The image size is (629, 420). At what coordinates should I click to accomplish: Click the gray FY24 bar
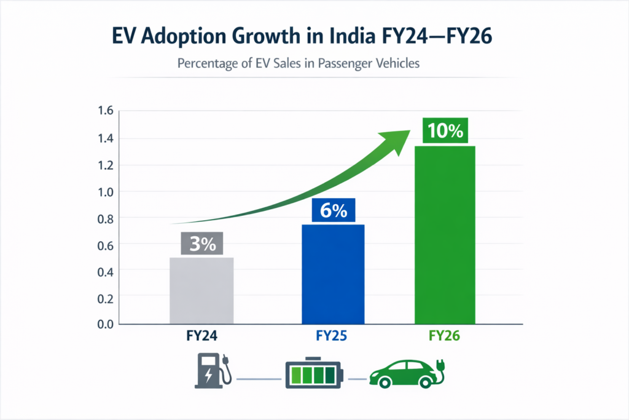tap(201, 290)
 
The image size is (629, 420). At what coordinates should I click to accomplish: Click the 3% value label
tap(201, 244)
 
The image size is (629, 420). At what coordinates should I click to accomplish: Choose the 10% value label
tap(445, 130)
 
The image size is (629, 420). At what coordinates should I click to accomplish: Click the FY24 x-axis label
tap(201, 336)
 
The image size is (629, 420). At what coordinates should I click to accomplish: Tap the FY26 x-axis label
tap(445, 336)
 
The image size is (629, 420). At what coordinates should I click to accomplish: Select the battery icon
tap(314, 373)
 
